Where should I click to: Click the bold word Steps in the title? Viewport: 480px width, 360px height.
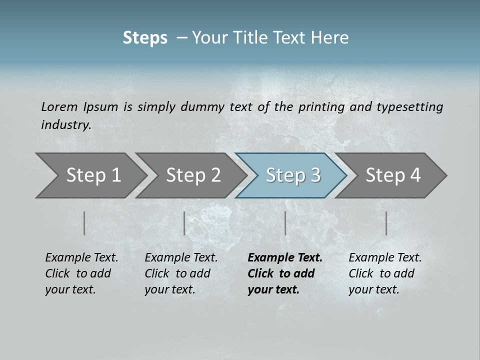145,38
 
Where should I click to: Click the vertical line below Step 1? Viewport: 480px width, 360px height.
84,223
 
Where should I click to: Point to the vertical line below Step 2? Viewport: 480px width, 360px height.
184,223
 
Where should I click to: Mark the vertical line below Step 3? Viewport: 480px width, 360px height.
285,223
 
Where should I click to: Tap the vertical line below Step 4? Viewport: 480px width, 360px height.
386,223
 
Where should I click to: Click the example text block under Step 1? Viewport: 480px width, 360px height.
81,273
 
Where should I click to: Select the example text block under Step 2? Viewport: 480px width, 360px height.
181,273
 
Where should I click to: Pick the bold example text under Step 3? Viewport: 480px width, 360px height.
285,273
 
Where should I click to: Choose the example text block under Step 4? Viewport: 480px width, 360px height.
385,273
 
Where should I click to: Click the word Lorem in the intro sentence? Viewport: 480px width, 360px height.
59,106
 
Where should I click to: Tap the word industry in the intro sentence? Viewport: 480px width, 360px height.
66,124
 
